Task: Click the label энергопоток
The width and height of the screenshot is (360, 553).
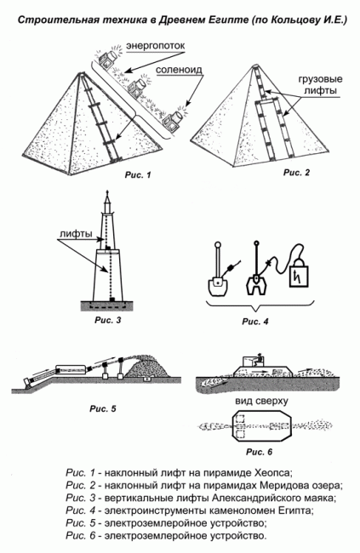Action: coord(155,46)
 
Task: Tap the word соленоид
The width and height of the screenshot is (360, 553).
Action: coord(179,70)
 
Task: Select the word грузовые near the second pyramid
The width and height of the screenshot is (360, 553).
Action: coord(321,79)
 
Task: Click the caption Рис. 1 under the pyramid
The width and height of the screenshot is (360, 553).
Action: coord(138,174)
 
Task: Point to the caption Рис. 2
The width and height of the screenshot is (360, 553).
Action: coord(296,173)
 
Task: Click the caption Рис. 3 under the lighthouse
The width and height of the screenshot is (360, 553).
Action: coord(107,320)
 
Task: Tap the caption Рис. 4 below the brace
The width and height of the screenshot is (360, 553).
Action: coord(255,322)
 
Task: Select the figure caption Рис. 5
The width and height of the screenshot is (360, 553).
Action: coord(103,408)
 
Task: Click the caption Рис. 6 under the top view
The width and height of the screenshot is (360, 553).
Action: coord(260,452)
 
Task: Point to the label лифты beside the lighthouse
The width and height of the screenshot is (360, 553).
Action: coord(76,233)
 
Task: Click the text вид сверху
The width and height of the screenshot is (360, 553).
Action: coord(261,401)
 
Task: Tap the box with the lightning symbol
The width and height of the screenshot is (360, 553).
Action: coord(299,275)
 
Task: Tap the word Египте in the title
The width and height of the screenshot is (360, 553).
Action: coord(227,20)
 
